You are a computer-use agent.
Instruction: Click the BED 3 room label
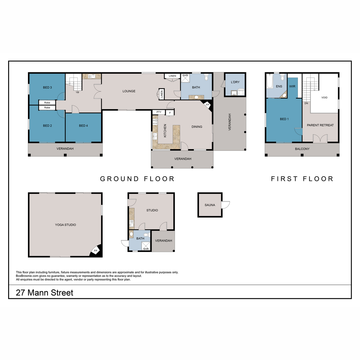pyautogui.click(x=47, y=88)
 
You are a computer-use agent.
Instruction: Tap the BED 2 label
pyautogui.click(x=47, y=126)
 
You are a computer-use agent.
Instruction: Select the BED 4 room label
pyautogui.click(x=83, y=126)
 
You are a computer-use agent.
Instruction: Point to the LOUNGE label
pyautogui.click(x=129, y=91)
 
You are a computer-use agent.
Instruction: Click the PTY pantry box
pyautogui.click(x=159, y=112)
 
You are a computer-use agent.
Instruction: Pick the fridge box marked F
pyautogui.click(x=170, y=113)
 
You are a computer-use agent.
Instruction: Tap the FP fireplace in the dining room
pyautogui.click(x=207, y=105)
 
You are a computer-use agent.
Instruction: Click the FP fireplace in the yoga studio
pyautogui.click(x=96, y=250)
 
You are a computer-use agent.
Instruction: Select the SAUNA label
pyautogui.click(x=210, y=205)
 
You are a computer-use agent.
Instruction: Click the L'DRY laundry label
pyautogui.click(x=235, y=82)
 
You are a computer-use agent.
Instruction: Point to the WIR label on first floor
pyautogui.click(x=292, y=86)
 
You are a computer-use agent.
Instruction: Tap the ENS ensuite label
pyautogui.click(x=279, y=86)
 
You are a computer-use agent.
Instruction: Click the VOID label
pyautogui.click(x=324, y=97)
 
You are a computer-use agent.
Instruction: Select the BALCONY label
pyautogui.click(x=302, y=149)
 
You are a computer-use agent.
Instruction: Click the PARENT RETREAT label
pyautogui.click(x=320, y=125)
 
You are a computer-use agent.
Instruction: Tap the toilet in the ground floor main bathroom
pyautogui.click(x=206, y=78)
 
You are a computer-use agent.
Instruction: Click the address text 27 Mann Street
pyautogui.click(x=44, y=293)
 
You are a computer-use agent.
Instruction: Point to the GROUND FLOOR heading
pyautogui.click(x=137, y=179)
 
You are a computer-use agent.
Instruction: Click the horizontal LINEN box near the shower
pyautogui.click(x=172, y=76)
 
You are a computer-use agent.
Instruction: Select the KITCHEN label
pyautogui.click(x=165, y=131)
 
